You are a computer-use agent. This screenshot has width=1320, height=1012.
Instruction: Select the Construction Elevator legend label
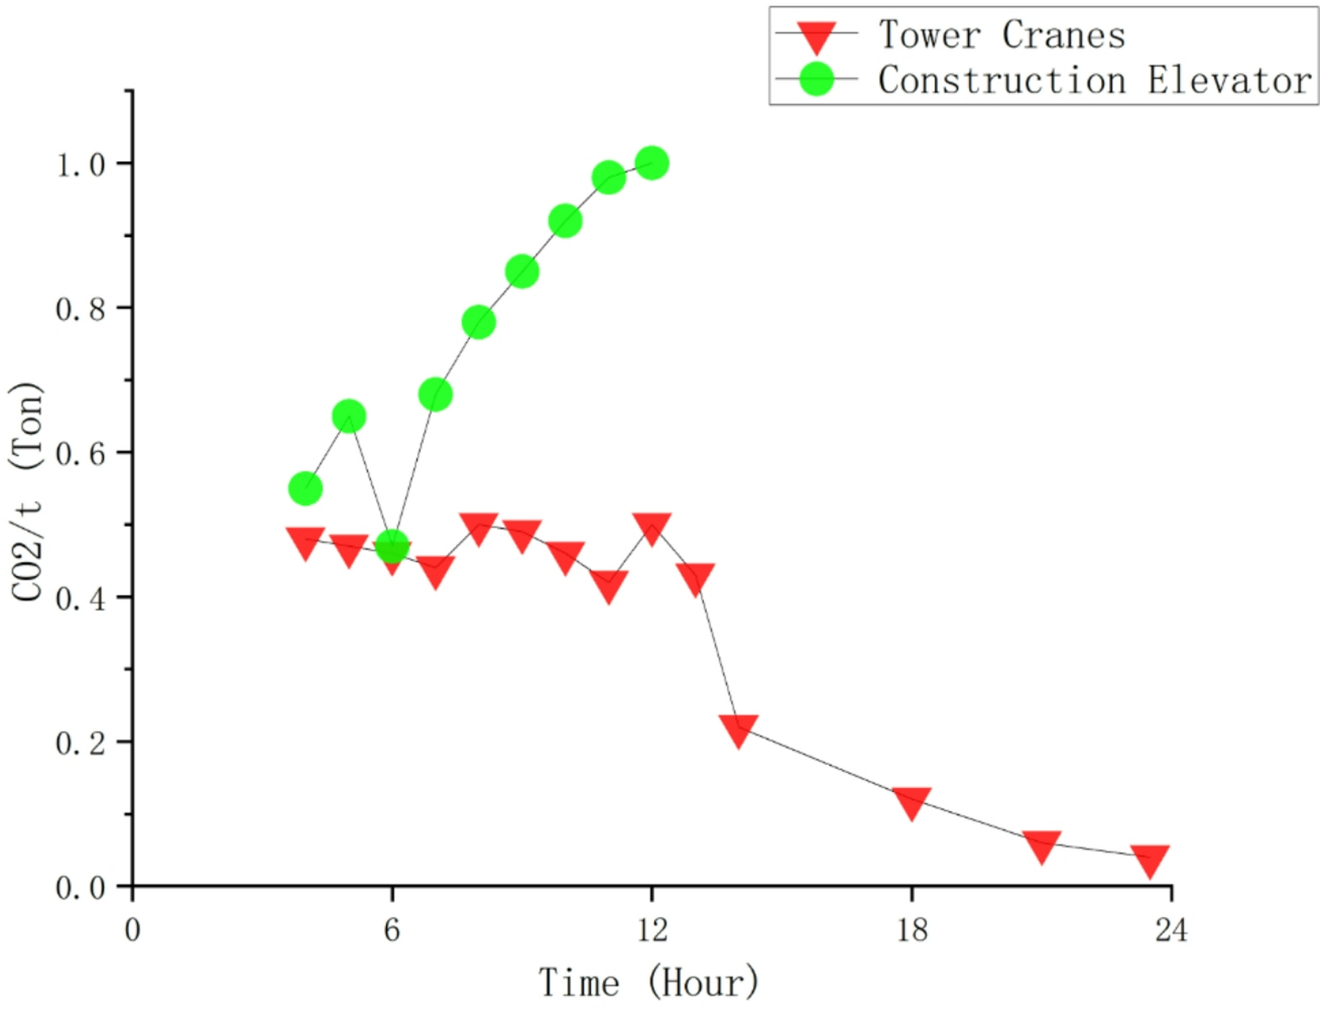point(1095,80)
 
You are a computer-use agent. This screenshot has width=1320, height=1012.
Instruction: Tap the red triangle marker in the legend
point(816,36)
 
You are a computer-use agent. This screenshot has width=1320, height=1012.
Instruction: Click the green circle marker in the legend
point(816,79)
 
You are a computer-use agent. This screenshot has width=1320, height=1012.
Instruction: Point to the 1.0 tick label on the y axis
point(80,164)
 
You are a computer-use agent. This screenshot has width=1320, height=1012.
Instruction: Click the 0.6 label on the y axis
point(80,454)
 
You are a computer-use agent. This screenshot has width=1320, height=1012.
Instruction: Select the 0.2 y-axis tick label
point(80,743)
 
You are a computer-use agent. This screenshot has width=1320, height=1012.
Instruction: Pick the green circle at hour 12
point(652,163)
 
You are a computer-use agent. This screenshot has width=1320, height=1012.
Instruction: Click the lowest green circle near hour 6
point(392,546)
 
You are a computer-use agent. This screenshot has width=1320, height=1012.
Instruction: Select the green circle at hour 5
point(348,416)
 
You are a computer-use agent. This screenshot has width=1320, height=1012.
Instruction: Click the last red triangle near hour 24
point(1150,859)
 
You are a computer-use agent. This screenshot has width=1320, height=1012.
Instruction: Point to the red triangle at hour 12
point(652,527)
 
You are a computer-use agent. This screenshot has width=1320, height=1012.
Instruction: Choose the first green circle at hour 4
point(306,489)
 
